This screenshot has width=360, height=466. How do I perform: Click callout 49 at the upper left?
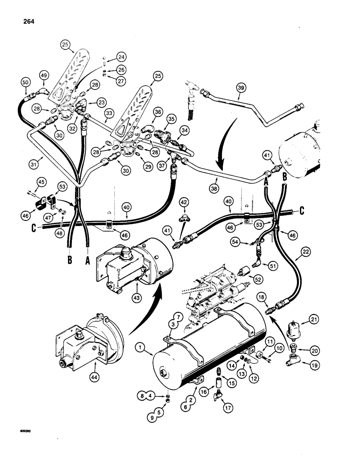pyautogui.click(x=44, y=75)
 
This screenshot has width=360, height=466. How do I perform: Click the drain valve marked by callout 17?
pyautogui.click(x=215, y=395)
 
